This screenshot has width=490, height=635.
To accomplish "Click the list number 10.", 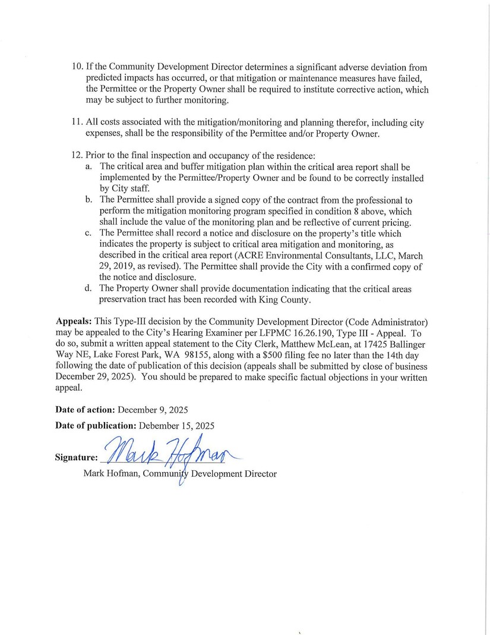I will pyautogui.click(x=77, y=68).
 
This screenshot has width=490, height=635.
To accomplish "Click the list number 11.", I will pyautogui.click(x=77, y=123).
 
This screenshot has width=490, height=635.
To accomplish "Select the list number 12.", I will pyautogui.click(x=77, y=156).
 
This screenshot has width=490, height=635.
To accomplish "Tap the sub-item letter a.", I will pyautogui.click(x=88, y=167).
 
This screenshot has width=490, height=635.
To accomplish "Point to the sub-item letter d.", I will pyautogui.click(x=88, y=289).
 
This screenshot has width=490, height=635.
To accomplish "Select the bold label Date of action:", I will pyautogui.click(x=86, y=410).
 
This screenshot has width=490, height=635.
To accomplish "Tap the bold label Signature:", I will pyautogui.click(x=76, y=458).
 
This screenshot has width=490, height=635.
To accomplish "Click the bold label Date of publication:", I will pyautogui.click(x=96, y=426).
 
